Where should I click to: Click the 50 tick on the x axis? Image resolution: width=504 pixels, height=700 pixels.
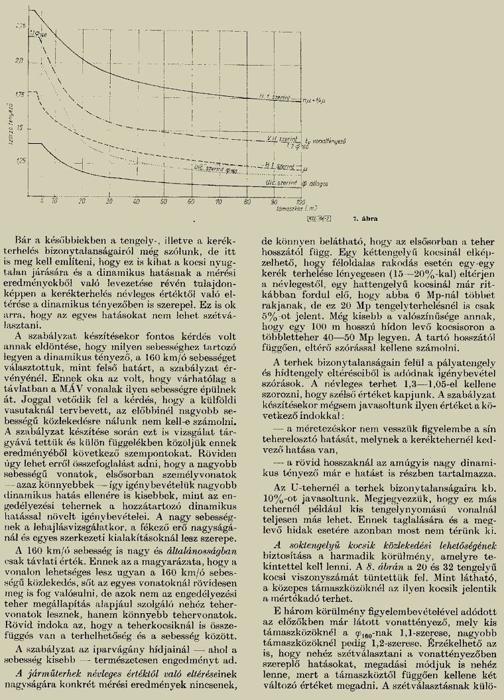point(163,200)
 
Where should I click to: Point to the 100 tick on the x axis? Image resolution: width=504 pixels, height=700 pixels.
point(300,200)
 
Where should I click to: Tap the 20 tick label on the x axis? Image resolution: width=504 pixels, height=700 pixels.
point(82,200)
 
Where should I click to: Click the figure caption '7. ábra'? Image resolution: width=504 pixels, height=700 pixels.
point(365,216)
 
